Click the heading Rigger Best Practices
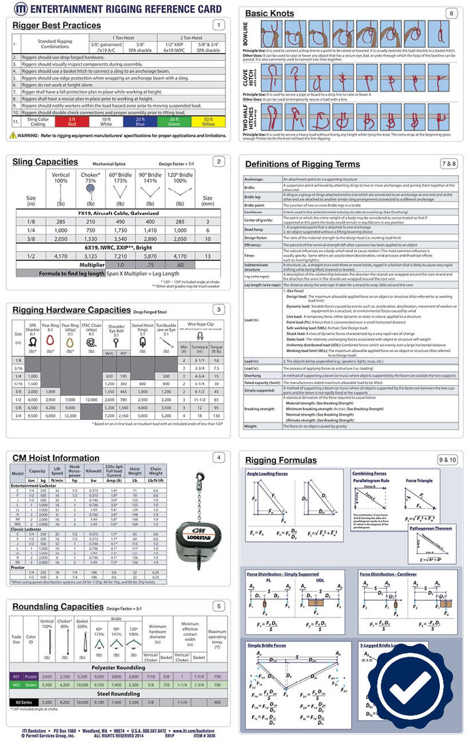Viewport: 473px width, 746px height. (56, 25)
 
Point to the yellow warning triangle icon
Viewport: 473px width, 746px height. (13, 135)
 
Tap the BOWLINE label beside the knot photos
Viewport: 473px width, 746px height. (249, 37)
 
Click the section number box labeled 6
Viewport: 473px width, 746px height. (451, 13)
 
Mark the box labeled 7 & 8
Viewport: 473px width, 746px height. (448, 163)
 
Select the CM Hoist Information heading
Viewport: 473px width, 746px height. (56, 458)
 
